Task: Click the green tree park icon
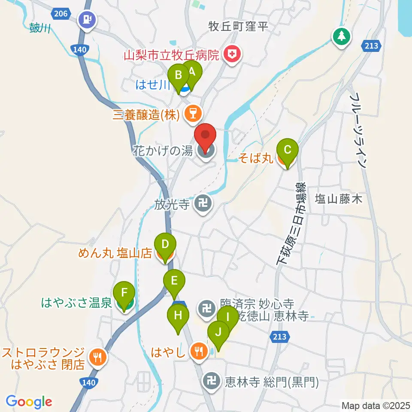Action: click(342, 36)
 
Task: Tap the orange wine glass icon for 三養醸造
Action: click(193, 114)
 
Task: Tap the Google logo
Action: click(29, 401)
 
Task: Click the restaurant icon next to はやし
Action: click(198, 351)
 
